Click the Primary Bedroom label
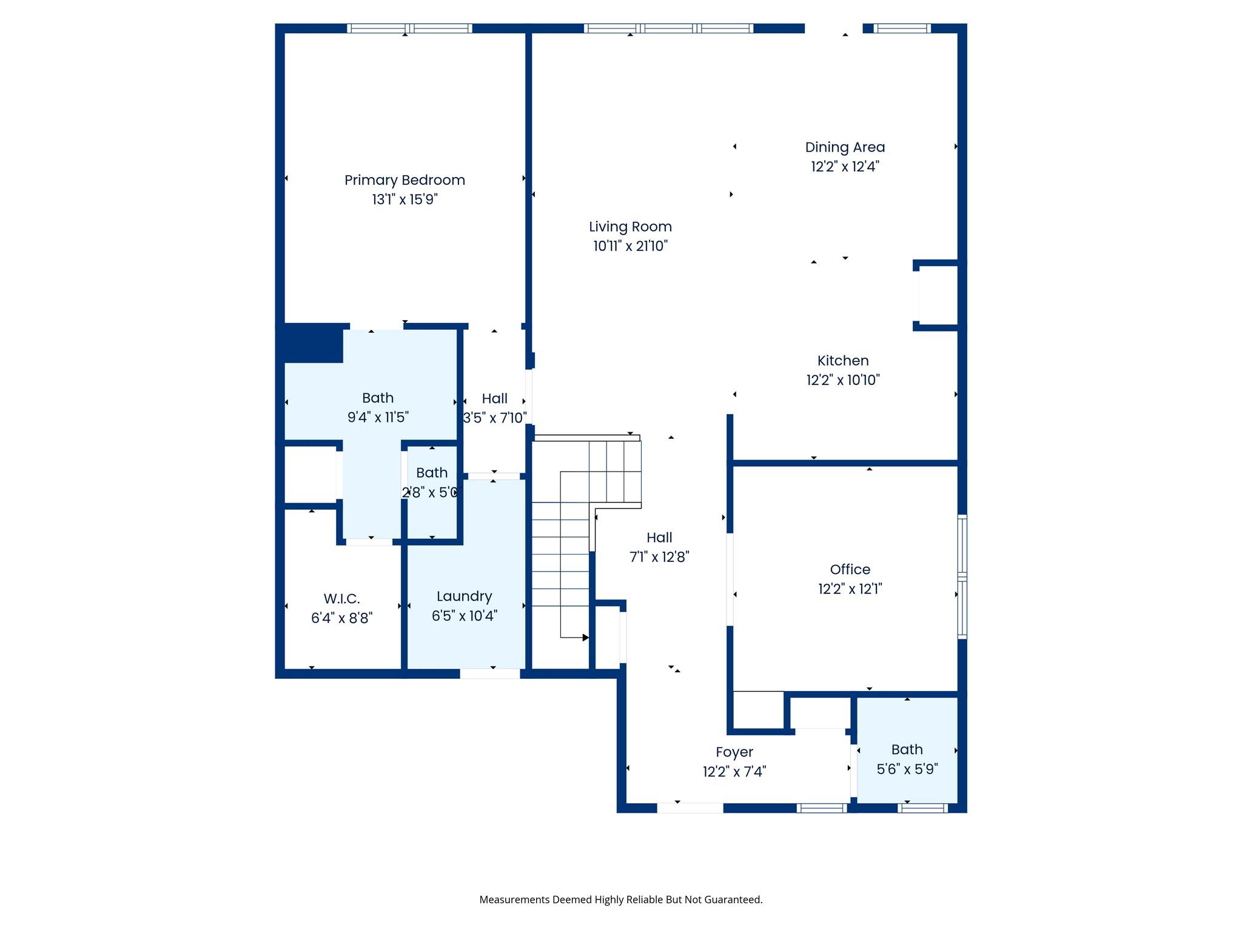pos(404,180)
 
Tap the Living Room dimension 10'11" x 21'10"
pos(630,246)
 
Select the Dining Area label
pos(845,147)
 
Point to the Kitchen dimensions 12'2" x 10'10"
pos(843,380)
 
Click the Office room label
pos(850,570)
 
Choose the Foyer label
pos(734,752)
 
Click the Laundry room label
pos(464,596)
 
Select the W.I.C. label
pos(341,599)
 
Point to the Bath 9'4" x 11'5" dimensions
pos(378,418)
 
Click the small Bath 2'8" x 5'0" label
pos(432,473)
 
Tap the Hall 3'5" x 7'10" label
pos(494,399)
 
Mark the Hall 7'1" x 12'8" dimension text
pos(659,557)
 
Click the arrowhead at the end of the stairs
pos(585,638)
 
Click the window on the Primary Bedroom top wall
pos(409,28)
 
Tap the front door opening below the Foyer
pos(690,808)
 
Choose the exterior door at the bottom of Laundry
pos(490,673)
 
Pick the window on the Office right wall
pos(962,576)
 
